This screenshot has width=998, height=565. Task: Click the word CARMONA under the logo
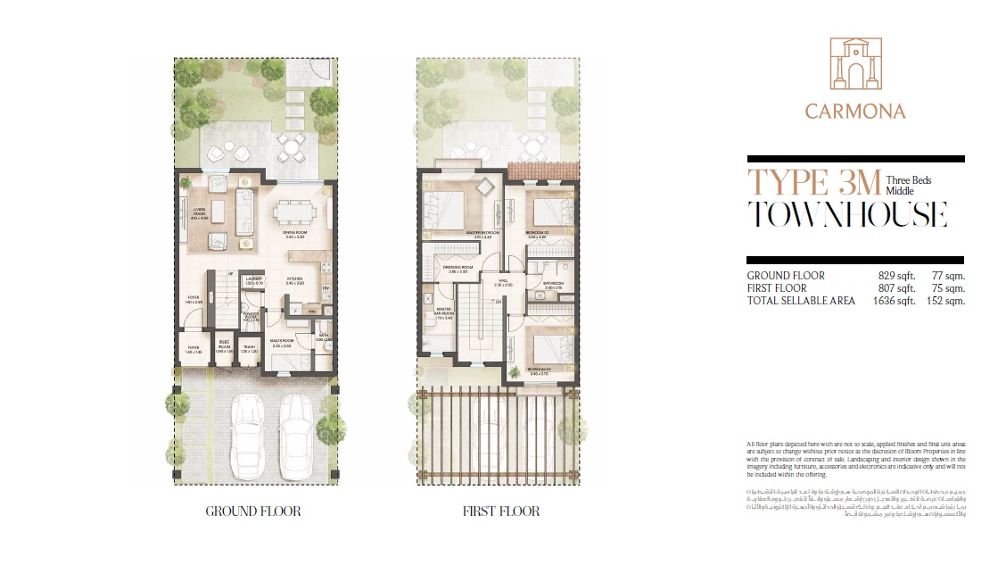[855, 112]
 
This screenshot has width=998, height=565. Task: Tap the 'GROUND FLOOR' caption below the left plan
[252, 511]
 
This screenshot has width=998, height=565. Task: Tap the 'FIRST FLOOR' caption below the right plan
[500, 511]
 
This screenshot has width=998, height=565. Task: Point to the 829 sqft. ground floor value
[897, 276]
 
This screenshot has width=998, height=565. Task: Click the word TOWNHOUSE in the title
[846, 215]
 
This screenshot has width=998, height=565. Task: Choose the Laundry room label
[252, 280]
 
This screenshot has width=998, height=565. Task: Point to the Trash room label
[252, 349]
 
